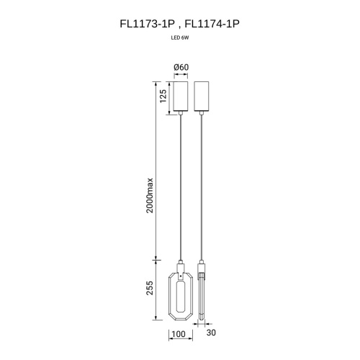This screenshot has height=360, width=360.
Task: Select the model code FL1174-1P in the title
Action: (x=212, y=24)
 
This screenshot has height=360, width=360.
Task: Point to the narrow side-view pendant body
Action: (x=203, y=299)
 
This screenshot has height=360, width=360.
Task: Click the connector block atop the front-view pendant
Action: (x=181, y=266)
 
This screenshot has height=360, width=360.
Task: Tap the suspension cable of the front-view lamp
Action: (x=181, y=187)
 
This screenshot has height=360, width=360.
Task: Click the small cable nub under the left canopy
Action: (x=181, y=114)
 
